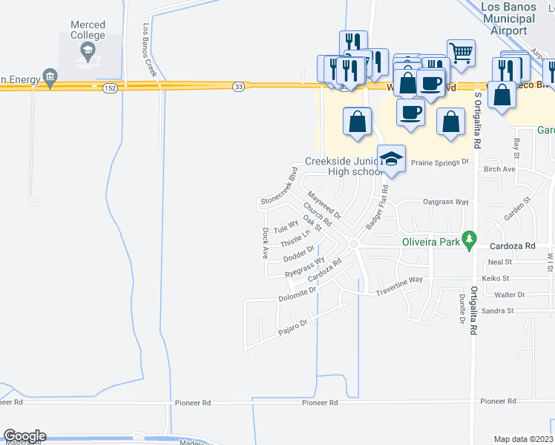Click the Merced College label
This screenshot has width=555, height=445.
pos(88,30)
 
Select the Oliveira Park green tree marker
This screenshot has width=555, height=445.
pos(468,240)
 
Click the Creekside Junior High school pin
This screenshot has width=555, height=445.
pos(391,159)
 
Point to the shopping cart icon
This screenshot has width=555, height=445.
pos(461,52)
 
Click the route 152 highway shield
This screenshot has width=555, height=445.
pos(109,88)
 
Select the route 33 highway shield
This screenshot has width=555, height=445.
pos(237,88)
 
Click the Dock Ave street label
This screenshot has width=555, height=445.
pos(266,243)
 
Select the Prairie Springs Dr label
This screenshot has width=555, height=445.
pos(441,161)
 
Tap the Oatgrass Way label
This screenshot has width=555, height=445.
pos(445,201)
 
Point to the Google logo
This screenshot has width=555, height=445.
pos(24,436)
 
